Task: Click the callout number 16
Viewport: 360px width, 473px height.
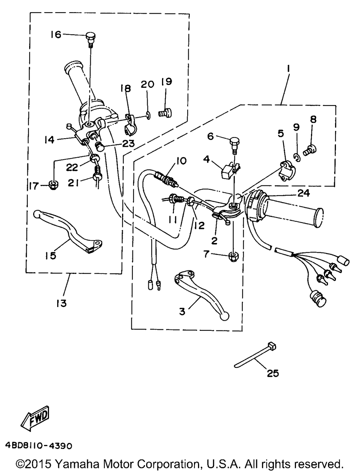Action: (56, 35)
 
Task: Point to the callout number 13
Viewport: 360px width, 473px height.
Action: (62, 303)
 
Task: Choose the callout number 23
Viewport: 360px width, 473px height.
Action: (128, 143)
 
